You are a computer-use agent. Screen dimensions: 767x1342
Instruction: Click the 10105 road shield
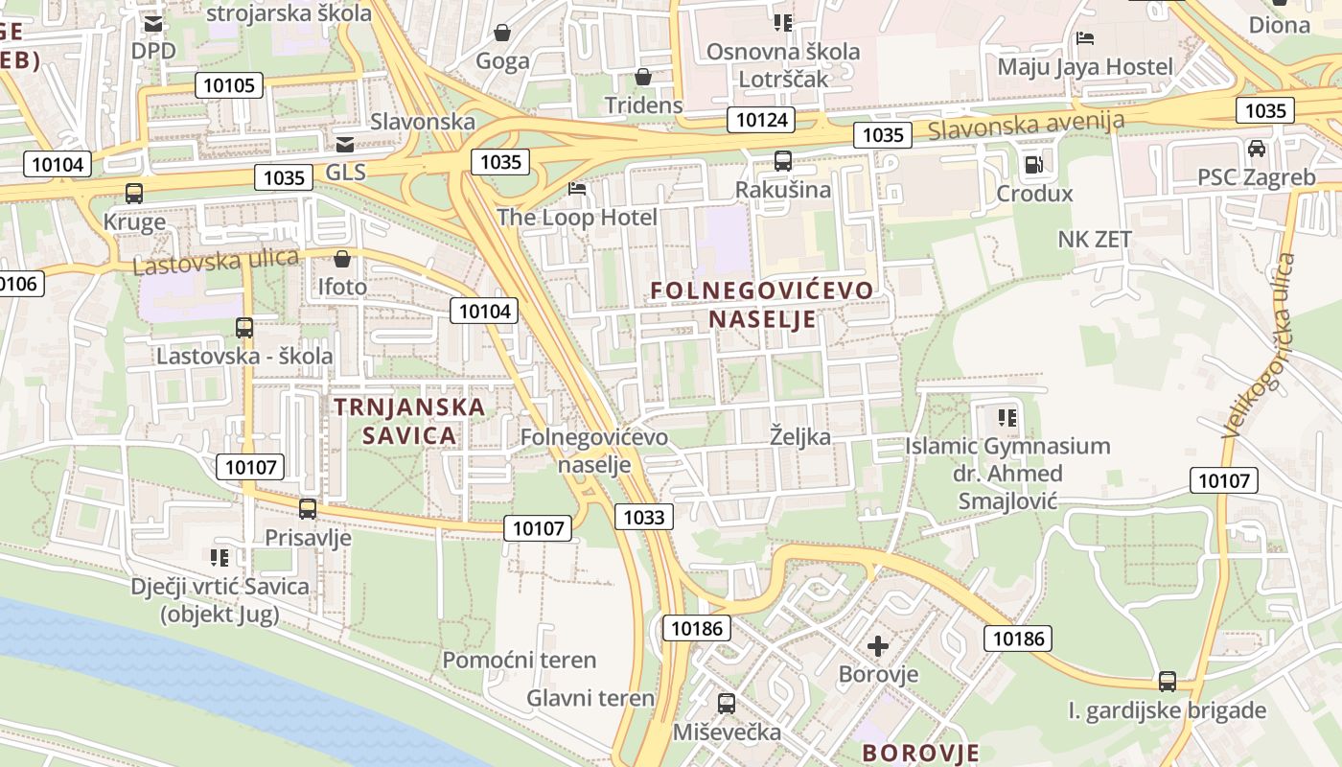tap(230, 85)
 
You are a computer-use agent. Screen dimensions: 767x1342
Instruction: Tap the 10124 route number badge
tap(761, 120)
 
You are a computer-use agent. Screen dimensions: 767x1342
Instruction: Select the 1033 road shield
tap(643, 518)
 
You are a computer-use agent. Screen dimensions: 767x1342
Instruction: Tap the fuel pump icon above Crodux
tap(1033, 164)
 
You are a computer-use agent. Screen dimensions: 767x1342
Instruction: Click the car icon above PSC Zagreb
tap(1257, 149)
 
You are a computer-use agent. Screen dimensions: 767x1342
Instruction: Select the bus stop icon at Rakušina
tap(783, 160)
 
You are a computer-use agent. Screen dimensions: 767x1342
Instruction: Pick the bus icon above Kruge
tap(134, 193)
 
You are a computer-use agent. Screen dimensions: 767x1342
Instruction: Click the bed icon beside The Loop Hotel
tap(577, 188)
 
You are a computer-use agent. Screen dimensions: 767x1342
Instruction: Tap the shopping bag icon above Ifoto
tap(342, 258)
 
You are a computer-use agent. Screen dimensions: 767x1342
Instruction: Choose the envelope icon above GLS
tap(345, 144)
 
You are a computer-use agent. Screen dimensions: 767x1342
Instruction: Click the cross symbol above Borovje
tap(878, 645)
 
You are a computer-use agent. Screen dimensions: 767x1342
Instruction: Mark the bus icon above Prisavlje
tap(308, 508)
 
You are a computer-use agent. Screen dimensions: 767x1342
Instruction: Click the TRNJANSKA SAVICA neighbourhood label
tap(409, 421)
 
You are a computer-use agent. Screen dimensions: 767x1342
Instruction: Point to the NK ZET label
tap(1095, 239)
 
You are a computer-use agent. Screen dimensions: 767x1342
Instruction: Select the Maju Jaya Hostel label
tap(1085, 66)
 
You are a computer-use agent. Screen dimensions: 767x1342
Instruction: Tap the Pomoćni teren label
tap(520, 660)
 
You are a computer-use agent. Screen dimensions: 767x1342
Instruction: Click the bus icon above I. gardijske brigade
tap(1168, 681)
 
